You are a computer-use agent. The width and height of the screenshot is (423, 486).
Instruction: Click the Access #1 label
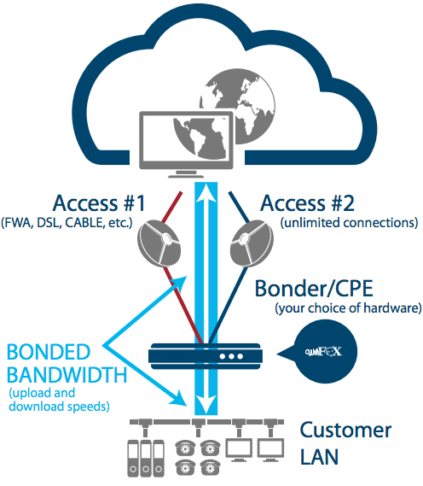99,203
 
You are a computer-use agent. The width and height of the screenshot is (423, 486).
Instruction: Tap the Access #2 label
307,203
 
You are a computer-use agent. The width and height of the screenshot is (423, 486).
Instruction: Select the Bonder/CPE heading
314,289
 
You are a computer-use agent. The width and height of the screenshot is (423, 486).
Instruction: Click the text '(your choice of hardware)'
348,308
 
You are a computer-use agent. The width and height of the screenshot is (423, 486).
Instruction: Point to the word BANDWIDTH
67,375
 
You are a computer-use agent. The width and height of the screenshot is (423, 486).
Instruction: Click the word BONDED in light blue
49,352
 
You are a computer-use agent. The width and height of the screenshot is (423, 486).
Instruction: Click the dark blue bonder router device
206,356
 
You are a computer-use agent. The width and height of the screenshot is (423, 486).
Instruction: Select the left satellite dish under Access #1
159,243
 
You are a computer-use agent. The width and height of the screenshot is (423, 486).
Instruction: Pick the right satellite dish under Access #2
252,243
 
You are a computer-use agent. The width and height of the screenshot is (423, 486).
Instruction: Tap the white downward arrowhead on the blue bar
206,404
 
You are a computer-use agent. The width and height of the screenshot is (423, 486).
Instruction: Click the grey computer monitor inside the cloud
186,144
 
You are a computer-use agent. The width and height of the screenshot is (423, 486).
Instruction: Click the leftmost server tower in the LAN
133,458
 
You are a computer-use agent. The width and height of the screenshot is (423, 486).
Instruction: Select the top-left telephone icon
185,448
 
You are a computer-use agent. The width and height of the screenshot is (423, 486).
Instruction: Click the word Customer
345,430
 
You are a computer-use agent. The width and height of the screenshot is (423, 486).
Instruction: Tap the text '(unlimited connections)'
350,223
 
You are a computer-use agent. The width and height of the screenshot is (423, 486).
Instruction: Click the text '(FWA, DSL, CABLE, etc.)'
67,223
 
